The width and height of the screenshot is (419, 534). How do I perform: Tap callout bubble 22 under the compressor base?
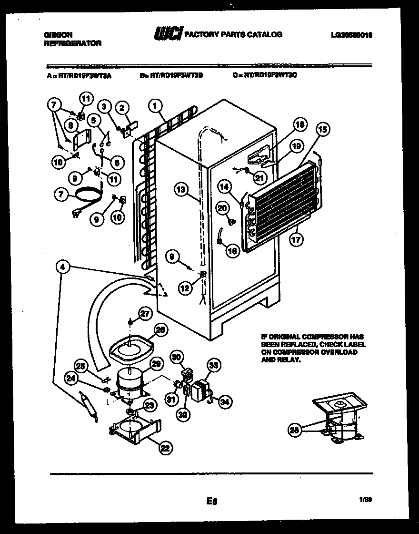click(165, 447)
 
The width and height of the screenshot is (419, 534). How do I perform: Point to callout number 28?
click(295, 430)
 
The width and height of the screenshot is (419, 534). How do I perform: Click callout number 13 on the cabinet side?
click(181, 190)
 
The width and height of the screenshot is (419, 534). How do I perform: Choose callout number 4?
click(62, 268)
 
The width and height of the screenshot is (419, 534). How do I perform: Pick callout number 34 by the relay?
click(223, 402)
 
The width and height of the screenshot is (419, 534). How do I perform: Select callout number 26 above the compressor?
click(160, 329)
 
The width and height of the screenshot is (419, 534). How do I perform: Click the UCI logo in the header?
click(168, 34)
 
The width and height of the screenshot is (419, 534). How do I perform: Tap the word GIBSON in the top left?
click(59, 34)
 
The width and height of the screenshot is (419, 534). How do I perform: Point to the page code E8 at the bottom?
click(212, 501)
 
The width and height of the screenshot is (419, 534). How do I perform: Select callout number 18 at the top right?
click(299, 125)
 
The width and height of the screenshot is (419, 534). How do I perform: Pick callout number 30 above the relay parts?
click(177, 356)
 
